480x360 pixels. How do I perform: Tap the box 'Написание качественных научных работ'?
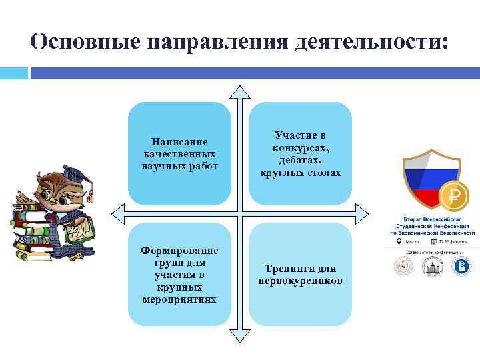click(x=179, y=153)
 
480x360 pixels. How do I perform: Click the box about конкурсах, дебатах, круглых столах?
click(x=300, y=153)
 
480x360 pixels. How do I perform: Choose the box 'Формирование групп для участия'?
click(x=179, y=274)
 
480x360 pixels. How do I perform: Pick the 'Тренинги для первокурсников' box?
click(x=300, y=274)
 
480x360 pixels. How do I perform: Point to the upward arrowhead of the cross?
click(x=240, y=93)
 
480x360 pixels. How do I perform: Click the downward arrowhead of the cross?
click(x=240, y=333)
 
